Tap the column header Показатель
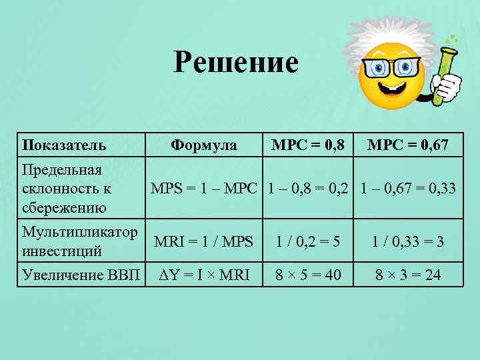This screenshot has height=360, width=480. tap(64, 145)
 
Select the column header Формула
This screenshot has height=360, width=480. tap(203, 145)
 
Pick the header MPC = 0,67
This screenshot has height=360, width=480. tap(408, 145)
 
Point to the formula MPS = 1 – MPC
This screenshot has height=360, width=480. tap(203, 188)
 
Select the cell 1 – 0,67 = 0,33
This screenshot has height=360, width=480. tap(408, 188)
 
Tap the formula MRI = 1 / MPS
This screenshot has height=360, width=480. tap(203, 242)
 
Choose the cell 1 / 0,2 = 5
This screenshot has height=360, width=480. tap(308, 242)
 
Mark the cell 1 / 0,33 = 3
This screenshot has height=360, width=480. tap(408, 242)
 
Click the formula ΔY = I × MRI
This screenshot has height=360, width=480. tap(203, 274)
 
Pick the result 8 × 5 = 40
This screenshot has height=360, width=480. tap(308, 274)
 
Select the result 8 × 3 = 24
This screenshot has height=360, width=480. tap(408, 274)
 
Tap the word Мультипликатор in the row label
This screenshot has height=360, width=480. tap(80, 233)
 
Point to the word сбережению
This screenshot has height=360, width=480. tap(64, 207)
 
